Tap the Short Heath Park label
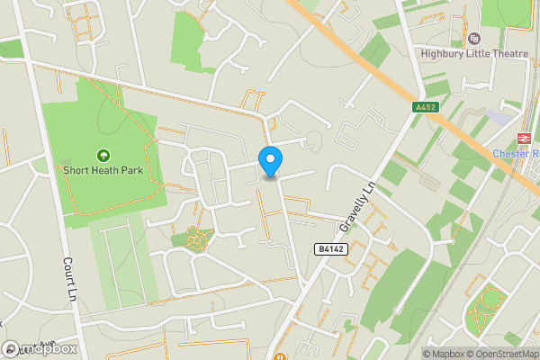103,168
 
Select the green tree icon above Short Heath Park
103,154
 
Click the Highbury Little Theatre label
474,52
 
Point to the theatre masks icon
474,39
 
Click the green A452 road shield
425,107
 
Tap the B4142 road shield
329,247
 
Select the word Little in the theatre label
477,52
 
